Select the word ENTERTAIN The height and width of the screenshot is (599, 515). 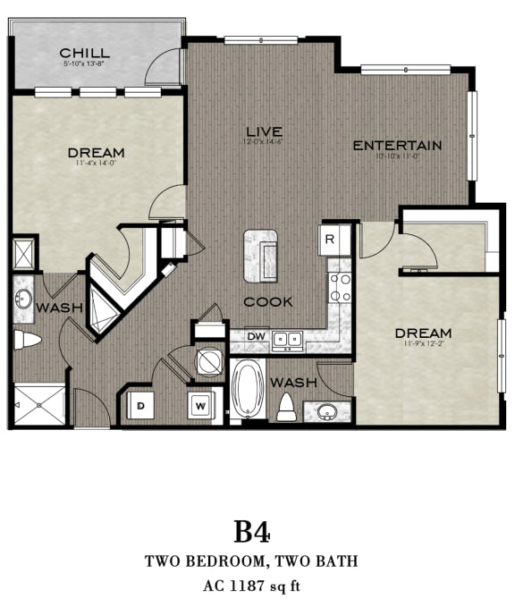click(397, 146)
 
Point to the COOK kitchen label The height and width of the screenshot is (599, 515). click(267, 301)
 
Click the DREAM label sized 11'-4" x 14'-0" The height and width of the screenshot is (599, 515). click(96, 153)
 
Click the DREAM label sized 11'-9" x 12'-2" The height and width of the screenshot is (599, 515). click(424, 333)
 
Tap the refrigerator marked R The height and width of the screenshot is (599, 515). click(329, 239)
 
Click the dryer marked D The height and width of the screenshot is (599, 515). click(140, 405)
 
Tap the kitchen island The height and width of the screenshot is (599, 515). click(260, 255)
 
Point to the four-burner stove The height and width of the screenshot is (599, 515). click(340, 287)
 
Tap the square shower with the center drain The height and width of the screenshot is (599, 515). click(40, 405)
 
